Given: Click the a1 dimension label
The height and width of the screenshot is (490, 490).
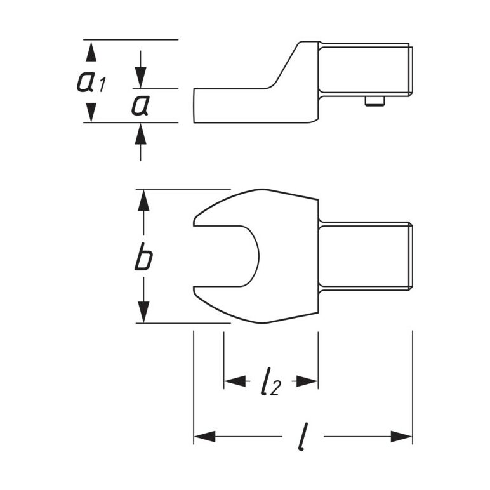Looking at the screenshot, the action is point(91,82).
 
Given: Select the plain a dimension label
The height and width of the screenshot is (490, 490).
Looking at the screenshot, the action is point(140,105).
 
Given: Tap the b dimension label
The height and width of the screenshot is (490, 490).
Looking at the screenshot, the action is point(143,256).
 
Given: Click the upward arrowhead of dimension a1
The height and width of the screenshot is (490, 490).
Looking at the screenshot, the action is point(91,52).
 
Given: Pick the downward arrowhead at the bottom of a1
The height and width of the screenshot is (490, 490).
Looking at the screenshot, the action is point(91,112).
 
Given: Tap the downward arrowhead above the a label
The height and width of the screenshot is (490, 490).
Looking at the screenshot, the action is point(141,77).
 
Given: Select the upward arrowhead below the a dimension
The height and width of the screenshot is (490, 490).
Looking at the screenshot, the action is point(141,134).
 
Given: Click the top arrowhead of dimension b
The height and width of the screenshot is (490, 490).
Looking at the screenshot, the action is point(143,201).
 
